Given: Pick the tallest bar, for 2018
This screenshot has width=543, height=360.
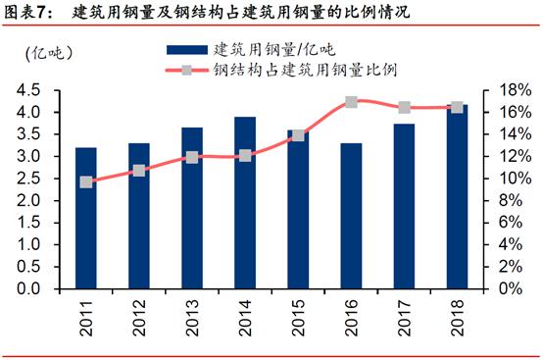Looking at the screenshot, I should pyautogui.click(x=457, y=196).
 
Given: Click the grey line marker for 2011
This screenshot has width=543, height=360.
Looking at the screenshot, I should pyautogui.click(x=86, y=182).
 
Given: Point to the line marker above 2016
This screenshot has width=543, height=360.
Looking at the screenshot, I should pyautogui.click(x=351, y=102).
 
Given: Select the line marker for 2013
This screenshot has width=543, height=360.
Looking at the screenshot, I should pyautogui.click(x=192, y=157).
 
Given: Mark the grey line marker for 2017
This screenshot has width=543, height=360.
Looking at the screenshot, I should pyautogui.click(x=404, y=107).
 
